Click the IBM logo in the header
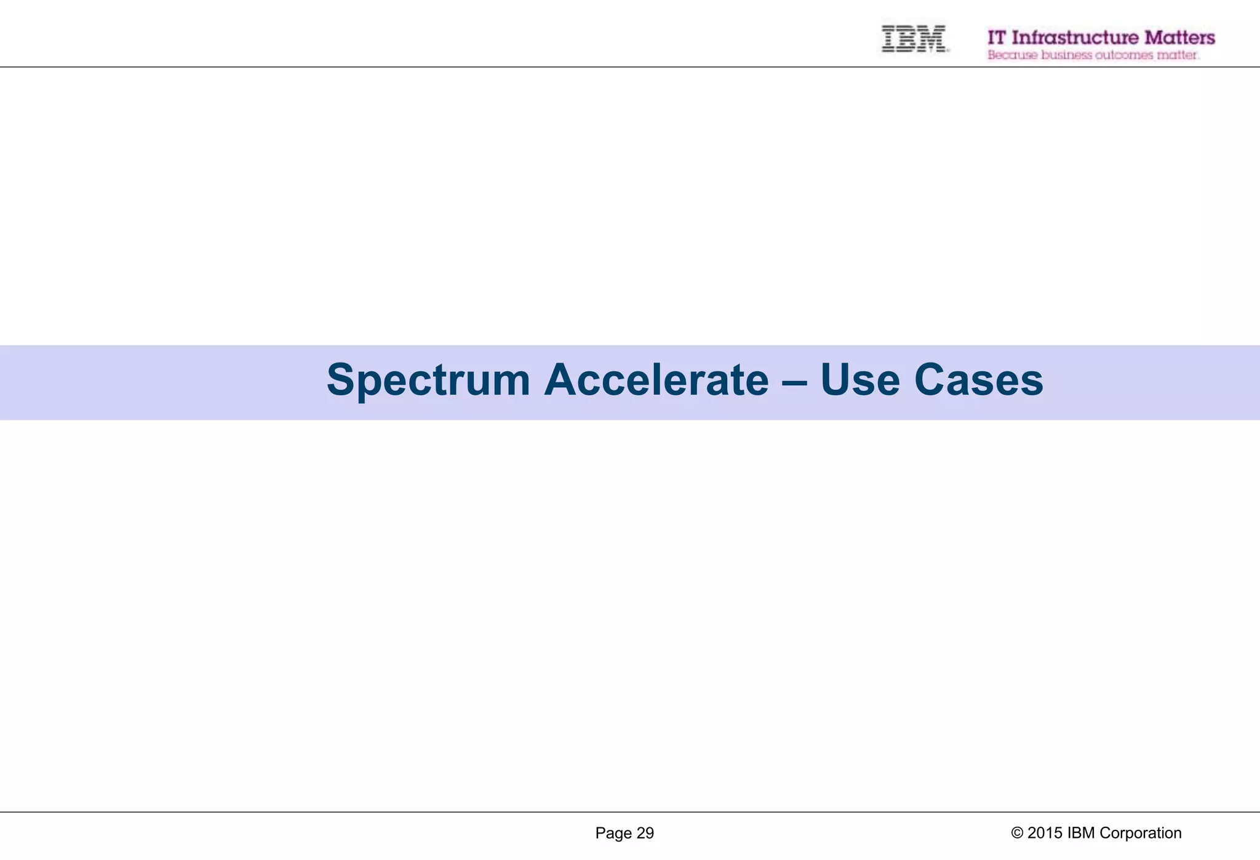(x=914, y=38)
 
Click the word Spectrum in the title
(x=428, y=380)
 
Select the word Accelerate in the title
(x=656, y=380)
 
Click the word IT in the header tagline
(x=997, y=38)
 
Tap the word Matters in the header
(x=1179, y=38)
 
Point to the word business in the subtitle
(x=1067, y=55)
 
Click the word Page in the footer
(x=613, y=834)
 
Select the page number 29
(x=645, y=833)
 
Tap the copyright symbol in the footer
(x=1017, y=833)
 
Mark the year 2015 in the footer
(x=1045, y=833)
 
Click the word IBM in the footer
(x=1081, y=833)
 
